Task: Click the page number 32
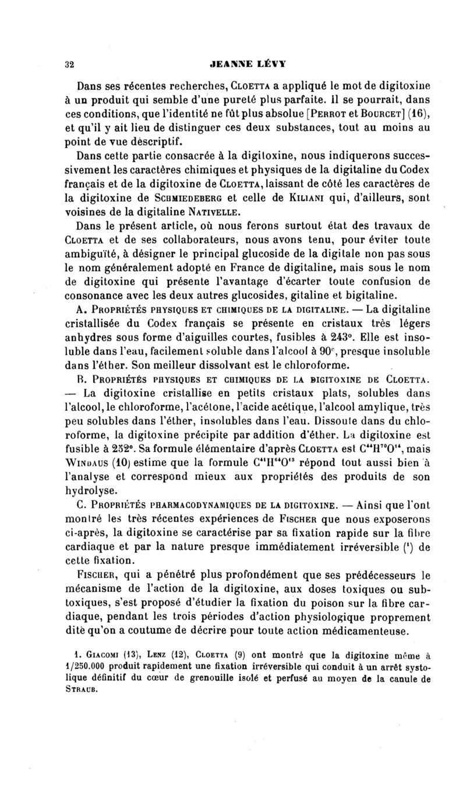(69, 65)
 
